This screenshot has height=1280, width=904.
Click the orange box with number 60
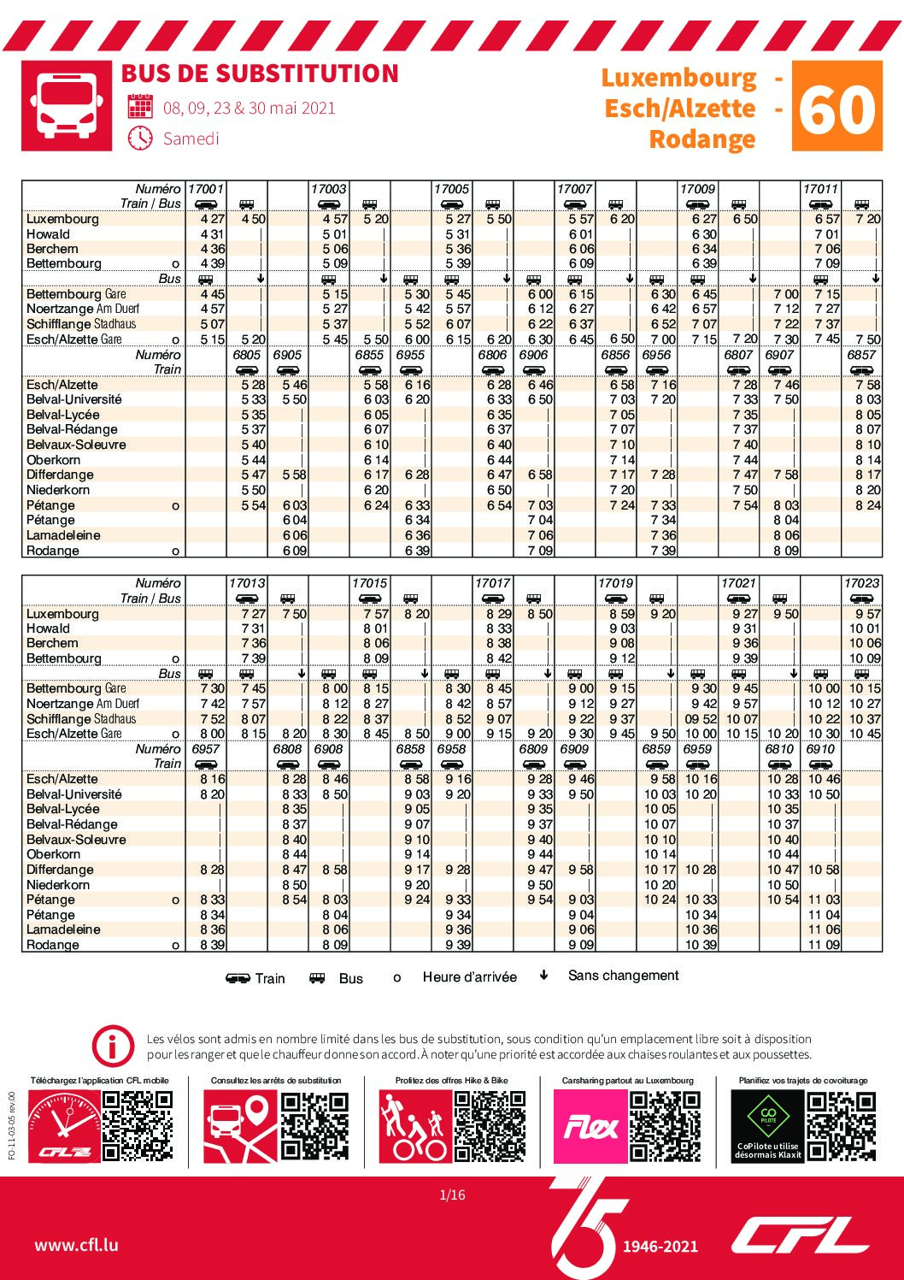(x=836, y=106)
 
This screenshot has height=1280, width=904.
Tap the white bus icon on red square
(x=67, y=106)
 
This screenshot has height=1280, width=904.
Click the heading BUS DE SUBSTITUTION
(x=260, y=74)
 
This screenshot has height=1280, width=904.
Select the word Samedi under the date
(x=191, y=139)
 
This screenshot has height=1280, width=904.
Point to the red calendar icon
(x=140, y=106)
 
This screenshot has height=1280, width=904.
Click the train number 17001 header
(x=206, y=189)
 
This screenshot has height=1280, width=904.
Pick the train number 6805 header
(x=247, y=355)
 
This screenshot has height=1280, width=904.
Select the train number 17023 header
(x=862, y=583)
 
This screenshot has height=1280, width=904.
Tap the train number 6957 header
(x=206, y=749)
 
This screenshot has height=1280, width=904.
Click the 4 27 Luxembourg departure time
(x=213, y=219)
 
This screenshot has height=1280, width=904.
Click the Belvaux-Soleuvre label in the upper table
(x=76, y=445)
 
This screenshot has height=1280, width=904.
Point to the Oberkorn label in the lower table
(x=53, y=854)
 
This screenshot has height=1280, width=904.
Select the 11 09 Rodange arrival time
(x=824, y=945)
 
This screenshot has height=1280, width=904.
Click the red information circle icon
(x=113, y=1047)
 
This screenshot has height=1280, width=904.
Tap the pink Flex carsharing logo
(x=590, y=1126)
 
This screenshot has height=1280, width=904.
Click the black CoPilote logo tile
(x=767, y=1126)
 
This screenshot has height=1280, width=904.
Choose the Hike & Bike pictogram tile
(x=415, y=1126)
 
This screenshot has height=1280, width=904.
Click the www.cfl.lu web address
(x=77, y=1245)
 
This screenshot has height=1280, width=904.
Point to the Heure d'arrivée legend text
(x=469, y=977)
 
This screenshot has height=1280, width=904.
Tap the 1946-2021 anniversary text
(x=660, y=1246)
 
